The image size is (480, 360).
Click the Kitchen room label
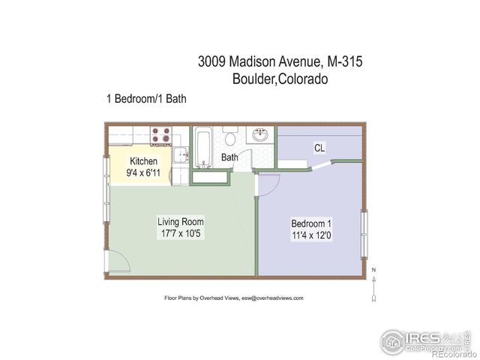pyautogui.click(x=143, y=161)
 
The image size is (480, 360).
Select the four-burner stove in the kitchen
pyautogui.click(x=161, y=136)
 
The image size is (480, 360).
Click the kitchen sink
pyautogui.click(x=180, y=155)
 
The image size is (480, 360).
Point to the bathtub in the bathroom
pyautogui.click(x=203, y=147)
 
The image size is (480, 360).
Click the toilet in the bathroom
pyautogui.click(x=231, y=138)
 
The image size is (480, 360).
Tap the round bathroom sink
pyautogui.click(x=260, y=136)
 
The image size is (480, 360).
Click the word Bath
pyautogui.click(x=229, y=157)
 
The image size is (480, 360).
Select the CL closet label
pyautogui.click(x=319, y=148)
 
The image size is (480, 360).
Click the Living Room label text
pyautogui.click(x=180, y=222)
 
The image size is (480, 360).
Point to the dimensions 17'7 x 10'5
pyautogui.click(x=180, y=234)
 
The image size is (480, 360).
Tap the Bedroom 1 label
pyautogui.click(x=311, y=223)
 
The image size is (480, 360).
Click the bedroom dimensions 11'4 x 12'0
pyautogui.click(x=311, y=235)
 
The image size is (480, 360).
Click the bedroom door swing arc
pyautogui.click(x=270, y=183)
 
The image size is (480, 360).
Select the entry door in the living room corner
pyautogui.click(x=118, y=262)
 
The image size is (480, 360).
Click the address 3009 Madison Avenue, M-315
pyautogui.click(x=280, y=62)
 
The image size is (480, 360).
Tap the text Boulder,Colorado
pyautogui.click(x=280, y=79)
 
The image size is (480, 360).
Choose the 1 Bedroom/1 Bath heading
pyautogui.click(x=146, y=98)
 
